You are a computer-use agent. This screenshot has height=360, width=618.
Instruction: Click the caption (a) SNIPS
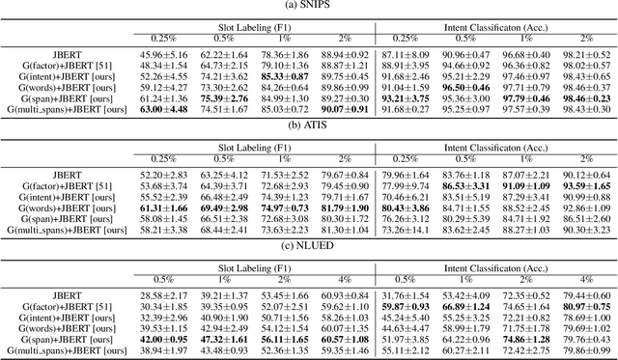click(308, 7)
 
